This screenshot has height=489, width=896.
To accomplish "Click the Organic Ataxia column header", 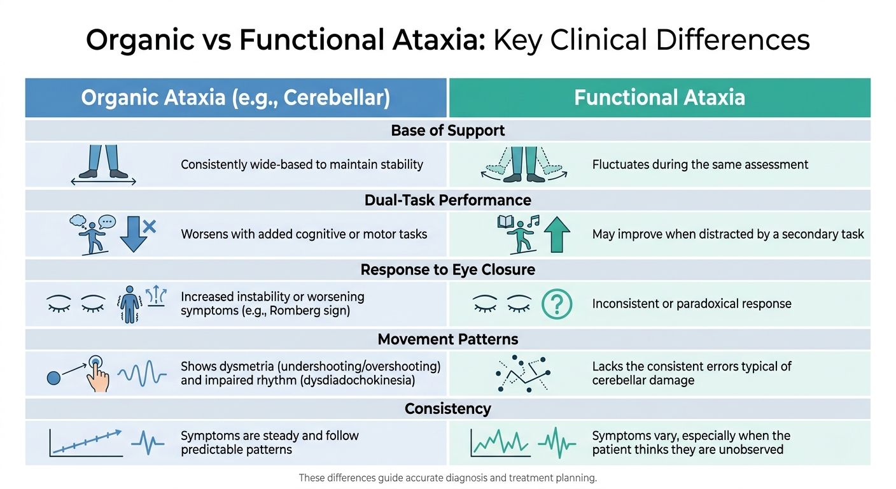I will [x=235, y=97].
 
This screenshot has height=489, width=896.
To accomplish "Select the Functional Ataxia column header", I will [x=659, y=97].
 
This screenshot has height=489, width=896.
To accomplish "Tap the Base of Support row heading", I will [x=447, y=131].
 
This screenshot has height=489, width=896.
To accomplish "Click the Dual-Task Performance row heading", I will [x=447, y=200].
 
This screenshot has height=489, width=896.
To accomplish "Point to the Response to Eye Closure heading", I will [x=447, y=269].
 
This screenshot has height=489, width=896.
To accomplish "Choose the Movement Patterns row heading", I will [x=447, y=339].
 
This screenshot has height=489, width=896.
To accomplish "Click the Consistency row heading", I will [x=447, y=408].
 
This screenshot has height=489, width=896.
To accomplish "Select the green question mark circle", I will [x=557, y=304].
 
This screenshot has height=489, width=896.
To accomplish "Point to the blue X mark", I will [x=150, y=225].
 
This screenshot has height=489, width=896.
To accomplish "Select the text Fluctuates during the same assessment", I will [x=700, y=165].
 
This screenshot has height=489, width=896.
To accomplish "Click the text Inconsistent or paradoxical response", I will [x=692, y=304].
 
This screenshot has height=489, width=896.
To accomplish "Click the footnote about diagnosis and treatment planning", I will [x=447, y=478].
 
